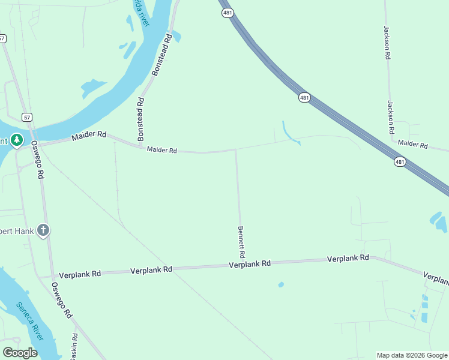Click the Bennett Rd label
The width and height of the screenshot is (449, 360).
click(241, 241)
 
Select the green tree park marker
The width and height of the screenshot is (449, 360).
click(17, 140)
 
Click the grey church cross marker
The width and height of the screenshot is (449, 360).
click(43, 230)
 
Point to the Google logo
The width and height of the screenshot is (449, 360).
click(20, 353)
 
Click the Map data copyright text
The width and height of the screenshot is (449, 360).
click(412, 355)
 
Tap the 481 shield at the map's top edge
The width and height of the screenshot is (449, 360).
click(226, 13)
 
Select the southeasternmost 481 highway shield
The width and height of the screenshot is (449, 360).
click(400, 161)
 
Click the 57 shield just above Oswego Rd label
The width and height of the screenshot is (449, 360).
click(27, 117)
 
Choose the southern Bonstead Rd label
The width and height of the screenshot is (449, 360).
click(140, 119)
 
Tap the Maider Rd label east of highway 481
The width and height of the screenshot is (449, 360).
click(412, 145)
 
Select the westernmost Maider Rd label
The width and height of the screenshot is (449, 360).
click(89, 136)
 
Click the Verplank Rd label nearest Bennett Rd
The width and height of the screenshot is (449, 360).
click(250, 264)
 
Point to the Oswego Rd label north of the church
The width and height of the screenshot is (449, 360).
click(38, 160)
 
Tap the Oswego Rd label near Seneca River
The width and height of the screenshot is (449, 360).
click(62, 300)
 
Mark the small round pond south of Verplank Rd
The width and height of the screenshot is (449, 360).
click(281, 284)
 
